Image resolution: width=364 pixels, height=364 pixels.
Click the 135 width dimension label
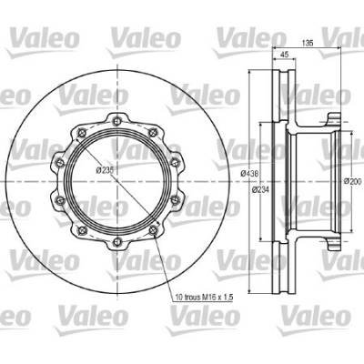(x=308, y=43)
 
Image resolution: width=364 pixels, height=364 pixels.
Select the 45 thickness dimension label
(x=284, y=55)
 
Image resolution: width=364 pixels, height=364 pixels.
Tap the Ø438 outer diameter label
(x=249, y=174)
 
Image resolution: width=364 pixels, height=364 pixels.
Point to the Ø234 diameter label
(x=260, y=190)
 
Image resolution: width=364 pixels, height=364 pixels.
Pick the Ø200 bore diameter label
(x=353, y=181)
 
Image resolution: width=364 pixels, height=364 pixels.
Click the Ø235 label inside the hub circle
(x=105, y=170)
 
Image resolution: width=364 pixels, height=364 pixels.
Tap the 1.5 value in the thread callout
(x=228, y=298)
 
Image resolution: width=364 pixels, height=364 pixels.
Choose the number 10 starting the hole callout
(x=179, y=298)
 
